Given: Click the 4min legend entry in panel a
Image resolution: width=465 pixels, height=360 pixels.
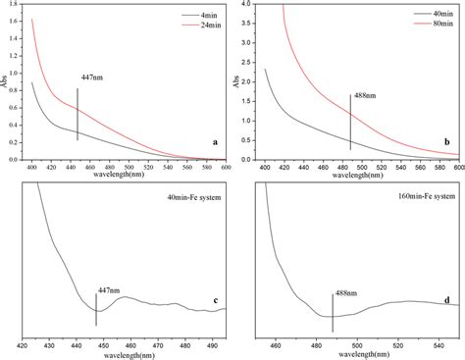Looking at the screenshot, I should pos(192,15).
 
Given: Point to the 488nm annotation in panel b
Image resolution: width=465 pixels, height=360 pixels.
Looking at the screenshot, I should pos(366,97).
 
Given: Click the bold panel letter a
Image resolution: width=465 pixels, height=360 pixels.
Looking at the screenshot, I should pos(214,142).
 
